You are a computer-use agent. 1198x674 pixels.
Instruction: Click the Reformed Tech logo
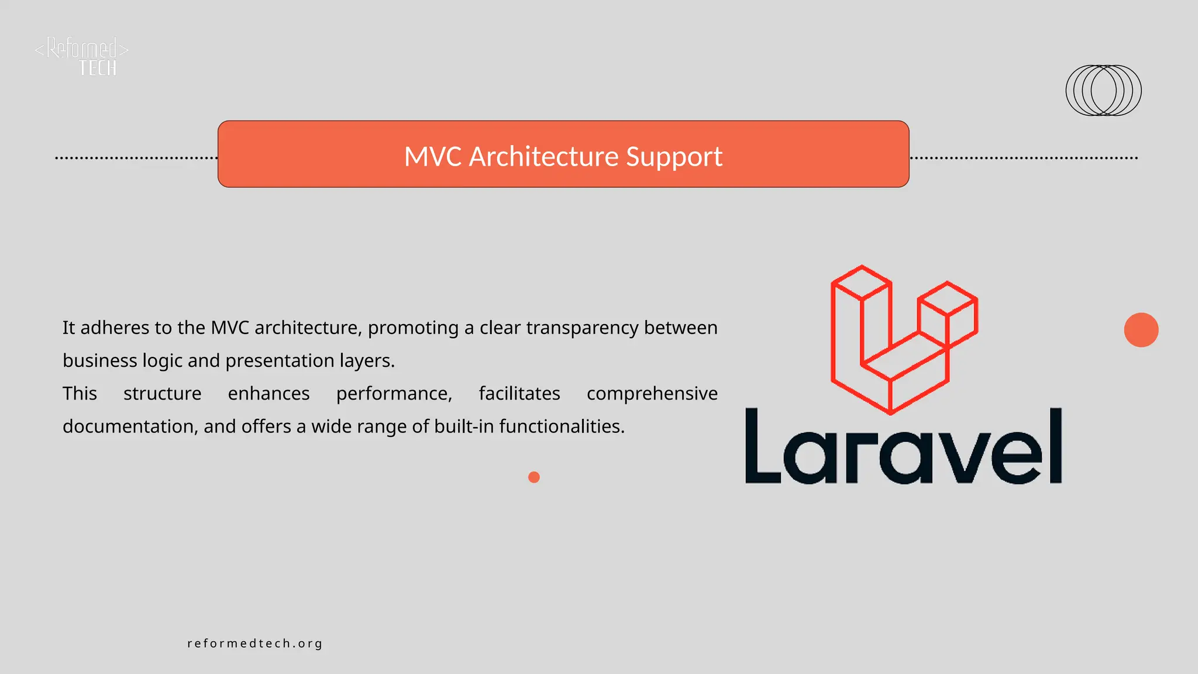(82, 56)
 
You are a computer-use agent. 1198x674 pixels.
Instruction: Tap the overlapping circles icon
(1103, 90)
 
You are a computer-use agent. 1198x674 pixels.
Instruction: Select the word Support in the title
(674, 156)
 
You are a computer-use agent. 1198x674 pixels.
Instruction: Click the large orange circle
(1141, 330)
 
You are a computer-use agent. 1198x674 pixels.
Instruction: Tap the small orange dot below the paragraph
(533, 477)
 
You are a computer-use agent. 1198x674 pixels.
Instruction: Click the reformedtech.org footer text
(255, 644)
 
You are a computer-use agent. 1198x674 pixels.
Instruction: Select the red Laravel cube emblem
(904, 339)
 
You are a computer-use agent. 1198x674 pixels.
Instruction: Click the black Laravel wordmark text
(903, 447)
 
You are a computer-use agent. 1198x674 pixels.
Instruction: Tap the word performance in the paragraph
(394, 394)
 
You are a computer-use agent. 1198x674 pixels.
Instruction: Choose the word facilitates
(519, 393)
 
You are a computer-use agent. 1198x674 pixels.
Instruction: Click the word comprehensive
(652, 394)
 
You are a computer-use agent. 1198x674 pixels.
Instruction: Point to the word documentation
(130, 427)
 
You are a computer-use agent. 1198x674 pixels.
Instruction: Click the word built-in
(464, 427)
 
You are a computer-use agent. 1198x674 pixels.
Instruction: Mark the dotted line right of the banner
(1024, 158)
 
